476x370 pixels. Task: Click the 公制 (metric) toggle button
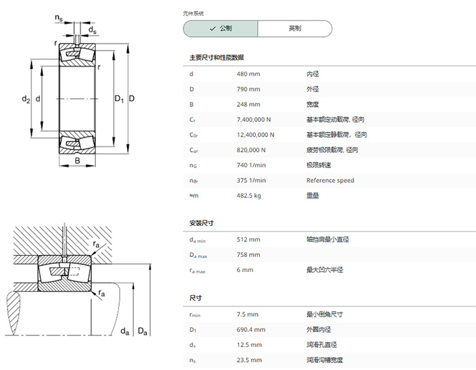point(220,29)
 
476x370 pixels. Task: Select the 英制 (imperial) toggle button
point(294,29)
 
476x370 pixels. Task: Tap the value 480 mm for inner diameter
point(248,74)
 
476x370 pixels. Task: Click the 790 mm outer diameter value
point(248,89)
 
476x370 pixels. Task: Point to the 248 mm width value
point(248,105)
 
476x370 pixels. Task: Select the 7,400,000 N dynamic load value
point(254,120)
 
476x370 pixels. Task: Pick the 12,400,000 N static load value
point(255,135)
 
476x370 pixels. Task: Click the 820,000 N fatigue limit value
point(251,150)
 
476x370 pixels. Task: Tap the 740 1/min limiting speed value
point(251,165)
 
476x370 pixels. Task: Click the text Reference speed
point(330,181)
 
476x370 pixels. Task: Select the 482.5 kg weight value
point(249,196)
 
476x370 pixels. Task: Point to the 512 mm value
point(248,239)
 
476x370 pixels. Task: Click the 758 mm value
point(248,254)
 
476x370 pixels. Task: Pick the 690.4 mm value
point(251,330)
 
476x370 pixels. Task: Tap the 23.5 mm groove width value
point(250,360)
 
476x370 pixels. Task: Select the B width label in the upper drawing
point(78,161)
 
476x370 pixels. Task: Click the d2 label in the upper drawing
point(26,99)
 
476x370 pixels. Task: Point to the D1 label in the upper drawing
point(119,99)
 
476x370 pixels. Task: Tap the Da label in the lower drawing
point(142,331)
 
